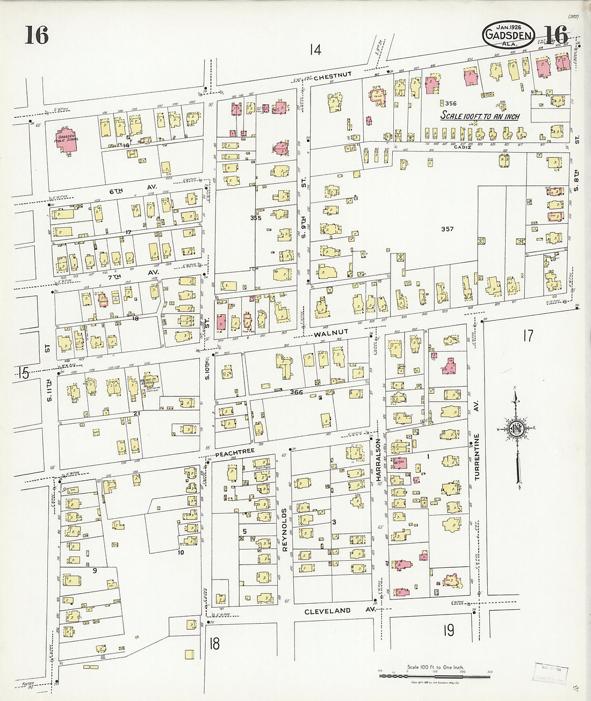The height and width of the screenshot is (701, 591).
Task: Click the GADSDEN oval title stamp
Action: coord(508,37)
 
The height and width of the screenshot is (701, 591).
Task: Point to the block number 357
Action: coord(447,229)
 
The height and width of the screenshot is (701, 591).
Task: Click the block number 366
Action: coord(296,392)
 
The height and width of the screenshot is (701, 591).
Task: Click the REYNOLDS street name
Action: coord(285,530)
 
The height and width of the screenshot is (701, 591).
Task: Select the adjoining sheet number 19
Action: coord(449,630)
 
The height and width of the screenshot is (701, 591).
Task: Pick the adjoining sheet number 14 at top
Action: coord(315,50)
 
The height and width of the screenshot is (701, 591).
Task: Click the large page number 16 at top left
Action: coord(36,35)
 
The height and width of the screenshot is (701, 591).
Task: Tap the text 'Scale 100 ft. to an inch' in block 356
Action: coord(480,115)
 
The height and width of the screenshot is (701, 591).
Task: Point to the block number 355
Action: coord(256,218)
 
